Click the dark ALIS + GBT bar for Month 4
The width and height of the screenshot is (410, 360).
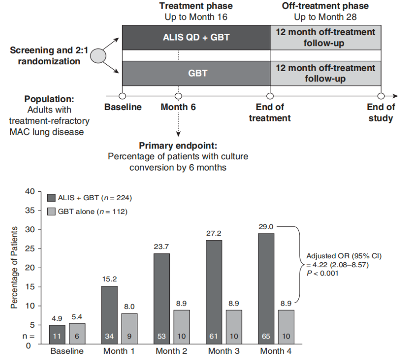[265, 288]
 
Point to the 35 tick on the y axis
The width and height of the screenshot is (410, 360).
[30, 210]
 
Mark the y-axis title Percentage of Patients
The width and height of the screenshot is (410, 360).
[14, 268]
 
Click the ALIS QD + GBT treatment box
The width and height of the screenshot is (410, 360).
[196, 37]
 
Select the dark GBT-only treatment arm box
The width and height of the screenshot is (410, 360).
[196, 72]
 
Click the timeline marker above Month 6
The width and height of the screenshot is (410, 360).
[178, 96]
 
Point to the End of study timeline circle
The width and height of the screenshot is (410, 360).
[381, 96]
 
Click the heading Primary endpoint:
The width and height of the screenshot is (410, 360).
[178, 146]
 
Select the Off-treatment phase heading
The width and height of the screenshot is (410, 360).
[325, 6]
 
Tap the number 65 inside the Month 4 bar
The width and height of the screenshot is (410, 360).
[265, 336]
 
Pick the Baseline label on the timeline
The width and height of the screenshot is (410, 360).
[123, 107]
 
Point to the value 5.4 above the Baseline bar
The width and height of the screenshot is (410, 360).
[77, 317]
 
